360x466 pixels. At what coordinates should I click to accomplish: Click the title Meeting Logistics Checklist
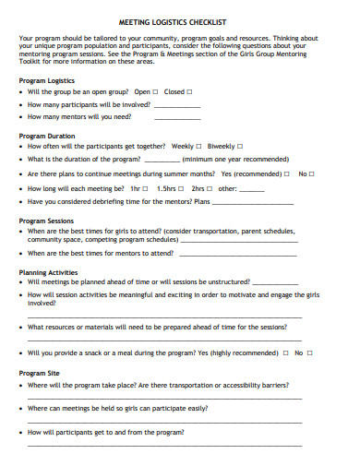tap(179, 20)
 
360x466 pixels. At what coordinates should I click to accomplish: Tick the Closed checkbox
tap(190, 92)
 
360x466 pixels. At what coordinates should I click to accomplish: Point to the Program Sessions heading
tap(46, 221)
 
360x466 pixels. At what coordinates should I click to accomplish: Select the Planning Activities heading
tap(48, 272)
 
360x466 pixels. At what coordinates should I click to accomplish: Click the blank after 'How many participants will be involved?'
tap(177, 107)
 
